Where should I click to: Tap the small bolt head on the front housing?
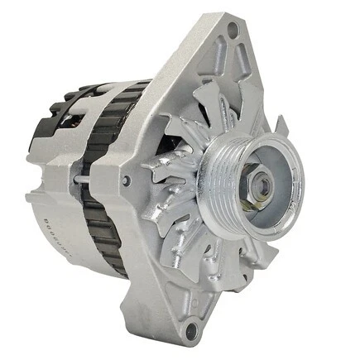[125, 180]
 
